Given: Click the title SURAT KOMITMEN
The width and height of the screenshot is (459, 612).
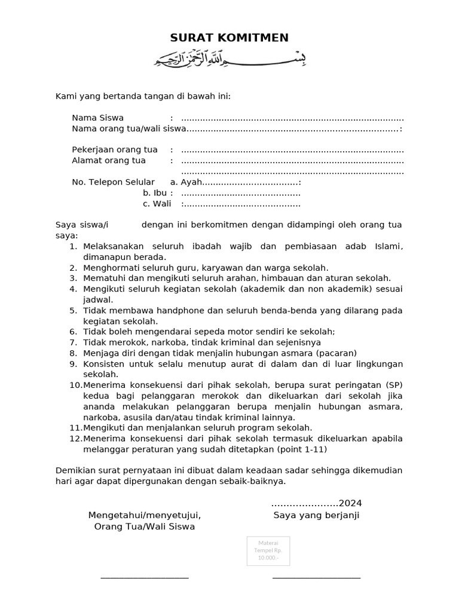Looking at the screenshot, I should click(229, 38).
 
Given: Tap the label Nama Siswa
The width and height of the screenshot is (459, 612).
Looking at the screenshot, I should click(98, 118).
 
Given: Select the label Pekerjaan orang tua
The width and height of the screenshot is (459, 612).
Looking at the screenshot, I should click(115, 149).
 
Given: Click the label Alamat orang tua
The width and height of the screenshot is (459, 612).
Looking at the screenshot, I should click(109, 160).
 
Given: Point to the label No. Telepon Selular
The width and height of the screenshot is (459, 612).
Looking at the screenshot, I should click(113, 182).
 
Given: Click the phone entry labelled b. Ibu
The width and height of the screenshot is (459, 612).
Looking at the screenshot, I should click(155, 192).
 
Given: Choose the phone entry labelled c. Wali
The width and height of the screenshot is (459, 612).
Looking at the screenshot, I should click(157, 204).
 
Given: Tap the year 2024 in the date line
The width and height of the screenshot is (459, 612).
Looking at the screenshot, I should click(350, 503).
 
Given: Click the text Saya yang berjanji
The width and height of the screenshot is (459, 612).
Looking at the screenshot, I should click(316, 515).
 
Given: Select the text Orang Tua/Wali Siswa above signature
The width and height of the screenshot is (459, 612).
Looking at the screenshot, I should click(145, 527).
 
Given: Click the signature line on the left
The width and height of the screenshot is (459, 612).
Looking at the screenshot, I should click(145, 577).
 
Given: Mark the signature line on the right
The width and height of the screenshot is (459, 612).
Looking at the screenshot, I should click(316, 577).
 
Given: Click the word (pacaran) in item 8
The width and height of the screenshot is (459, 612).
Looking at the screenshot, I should click(336, 353).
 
